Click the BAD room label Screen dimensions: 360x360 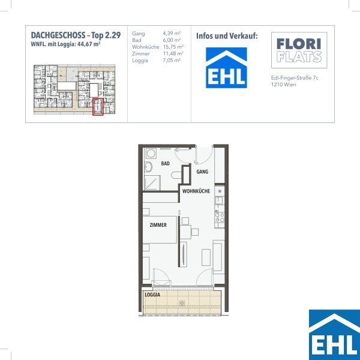166,163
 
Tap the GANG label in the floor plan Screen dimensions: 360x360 202,172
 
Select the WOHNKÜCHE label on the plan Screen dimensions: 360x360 196,191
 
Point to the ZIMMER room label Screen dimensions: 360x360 158,225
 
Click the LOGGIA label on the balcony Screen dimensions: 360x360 152,295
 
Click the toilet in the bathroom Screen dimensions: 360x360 176,175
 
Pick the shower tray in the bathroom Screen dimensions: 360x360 152,183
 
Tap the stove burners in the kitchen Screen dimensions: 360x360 220,217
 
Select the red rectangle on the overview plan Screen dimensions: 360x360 98,107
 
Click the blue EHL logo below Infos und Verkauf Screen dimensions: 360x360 226,68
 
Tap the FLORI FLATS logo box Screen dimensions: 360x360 299,50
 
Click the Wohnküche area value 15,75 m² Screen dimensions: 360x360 173,47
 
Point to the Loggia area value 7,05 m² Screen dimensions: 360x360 172,61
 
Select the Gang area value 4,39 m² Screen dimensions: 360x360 172,33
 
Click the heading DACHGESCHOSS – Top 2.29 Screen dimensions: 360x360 76,35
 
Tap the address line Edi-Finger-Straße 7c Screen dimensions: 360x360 295,78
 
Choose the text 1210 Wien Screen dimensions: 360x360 284,85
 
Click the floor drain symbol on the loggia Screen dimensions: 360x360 182,303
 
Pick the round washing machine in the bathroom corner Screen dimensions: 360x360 151,154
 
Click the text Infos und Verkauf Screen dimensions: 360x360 227,36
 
